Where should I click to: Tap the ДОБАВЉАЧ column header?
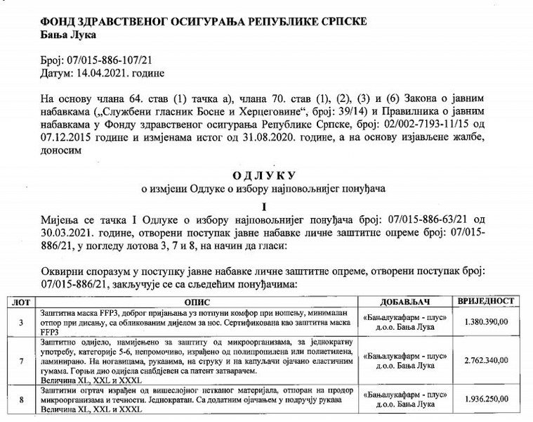(409, 301)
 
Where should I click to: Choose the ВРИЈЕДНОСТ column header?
(487, 300)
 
